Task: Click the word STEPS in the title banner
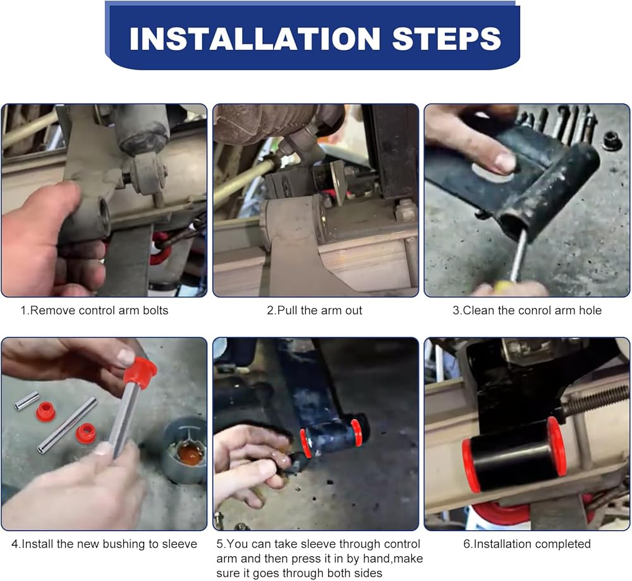click(x=447, y=39)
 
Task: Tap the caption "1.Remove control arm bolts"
click(x=94, y=310)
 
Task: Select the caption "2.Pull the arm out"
click(x=314, y=310)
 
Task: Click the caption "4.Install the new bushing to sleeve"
click(x=104, y=544)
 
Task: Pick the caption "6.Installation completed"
click(x=527, y=544)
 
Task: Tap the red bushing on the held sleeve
click(x=140, y=370)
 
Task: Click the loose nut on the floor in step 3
click(x=611, y=141)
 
